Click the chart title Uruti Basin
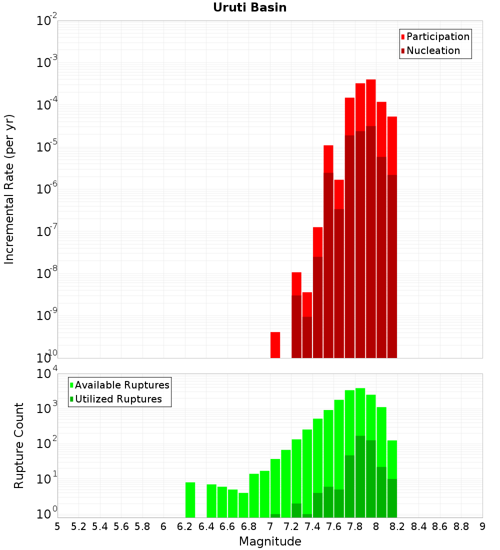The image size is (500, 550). point(250,7)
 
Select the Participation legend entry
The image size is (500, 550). point(435,36)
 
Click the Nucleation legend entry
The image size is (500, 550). point(430,50)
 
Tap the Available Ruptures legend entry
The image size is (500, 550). point(119,385)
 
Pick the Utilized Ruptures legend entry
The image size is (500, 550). point(116,399)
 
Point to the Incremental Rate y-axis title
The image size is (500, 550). point(9,189)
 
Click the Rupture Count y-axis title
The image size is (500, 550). point(18,446)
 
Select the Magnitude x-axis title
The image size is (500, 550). point(270,541)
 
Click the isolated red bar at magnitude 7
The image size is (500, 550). point(275,345)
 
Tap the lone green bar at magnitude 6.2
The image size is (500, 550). point(190,500)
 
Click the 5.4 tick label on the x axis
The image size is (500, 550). point(99,527)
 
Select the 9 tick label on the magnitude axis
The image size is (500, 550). point(482,527)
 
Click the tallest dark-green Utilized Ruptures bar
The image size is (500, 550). point(360,476)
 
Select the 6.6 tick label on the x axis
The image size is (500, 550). point(227,527)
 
